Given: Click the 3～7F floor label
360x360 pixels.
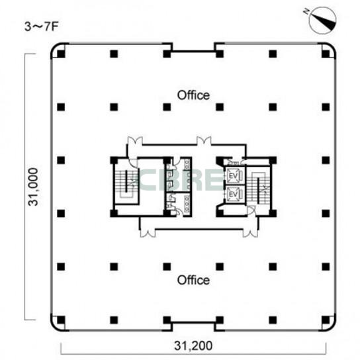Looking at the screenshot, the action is (42, 27).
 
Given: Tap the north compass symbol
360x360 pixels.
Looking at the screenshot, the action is (322, 21).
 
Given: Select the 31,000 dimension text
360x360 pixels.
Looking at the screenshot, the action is (32, 187).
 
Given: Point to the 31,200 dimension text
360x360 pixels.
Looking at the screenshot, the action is (193, 345).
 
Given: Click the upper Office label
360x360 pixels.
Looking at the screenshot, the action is (193, 95).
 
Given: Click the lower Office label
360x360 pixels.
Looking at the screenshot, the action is (193, 280).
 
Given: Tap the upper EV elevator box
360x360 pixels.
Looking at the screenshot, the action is (234, 176).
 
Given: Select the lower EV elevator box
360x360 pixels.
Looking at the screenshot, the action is (234, 195).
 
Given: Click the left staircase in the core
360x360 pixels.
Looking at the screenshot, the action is (126, 183).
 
